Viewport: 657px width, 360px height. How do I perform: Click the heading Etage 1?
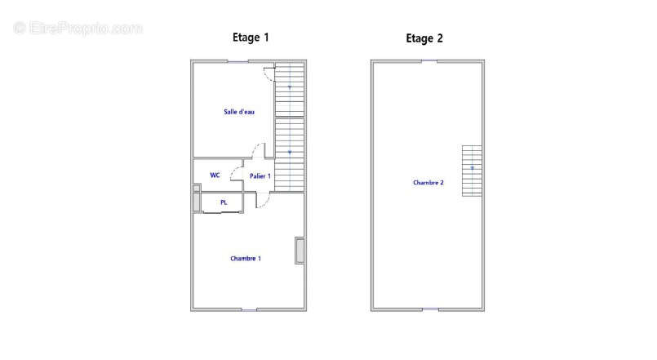click(251, 38)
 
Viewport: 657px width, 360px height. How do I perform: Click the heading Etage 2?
click(424, 38)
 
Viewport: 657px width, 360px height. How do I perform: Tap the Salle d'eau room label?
click(239, 112)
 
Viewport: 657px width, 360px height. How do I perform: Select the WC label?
click(215, 176)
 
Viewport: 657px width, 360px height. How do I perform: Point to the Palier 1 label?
click(260, 176)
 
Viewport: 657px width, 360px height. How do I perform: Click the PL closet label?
click(224, 202)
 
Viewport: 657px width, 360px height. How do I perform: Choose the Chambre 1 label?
click(246, 259)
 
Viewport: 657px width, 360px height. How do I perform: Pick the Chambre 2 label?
click(428, 183)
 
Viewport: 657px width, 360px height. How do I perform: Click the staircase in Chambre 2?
click(472, 171)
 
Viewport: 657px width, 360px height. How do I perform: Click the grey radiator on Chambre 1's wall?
click(300, 251)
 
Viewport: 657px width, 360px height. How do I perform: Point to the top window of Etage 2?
click(429, 61)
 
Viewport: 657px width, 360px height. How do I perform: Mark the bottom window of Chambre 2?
click(430, 309)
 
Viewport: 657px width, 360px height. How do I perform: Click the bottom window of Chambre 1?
click(249, 309)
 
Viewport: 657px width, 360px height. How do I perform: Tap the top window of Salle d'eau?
click(238, 61)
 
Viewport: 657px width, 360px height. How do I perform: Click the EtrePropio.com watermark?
click(78, 29)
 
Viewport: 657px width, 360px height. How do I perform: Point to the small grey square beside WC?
click(196, 189)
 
